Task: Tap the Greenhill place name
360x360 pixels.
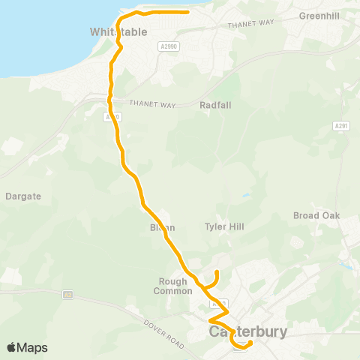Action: pyautogui.click(x=319, y=15)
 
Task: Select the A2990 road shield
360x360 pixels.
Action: pyautogui.click(x=169, y=46)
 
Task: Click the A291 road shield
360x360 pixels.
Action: pyautogui.click(x=342, y=126)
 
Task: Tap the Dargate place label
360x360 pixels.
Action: pyautogui.click(x=22, y=196)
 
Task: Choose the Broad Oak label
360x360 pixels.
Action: pyautogui.click(x=316, y=216)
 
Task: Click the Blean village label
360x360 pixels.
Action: pyautogui.click(x=162, y=227)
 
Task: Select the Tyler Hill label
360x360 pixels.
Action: pyautogui.click(x=224, y=226)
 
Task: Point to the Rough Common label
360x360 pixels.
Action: pyautogui.click(x=169, y=286)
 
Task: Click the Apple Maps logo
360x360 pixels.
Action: pyautogui.click(x=27, y=347)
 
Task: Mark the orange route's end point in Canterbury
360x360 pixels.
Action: pyautogui.click(x=250, y=343)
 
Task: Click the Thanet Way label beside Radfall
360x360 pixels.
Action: pyautogui.click(x=152, y=105)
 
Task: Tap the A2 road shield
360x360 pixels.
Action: pyautogui.click(x=68, y=294)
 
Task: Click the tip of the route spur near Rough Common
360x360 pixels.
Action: pyautogui.click(x=216, y=271)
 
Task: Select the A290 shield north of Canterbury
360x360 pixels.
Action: pyautogui.click(x=218, y=304)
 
